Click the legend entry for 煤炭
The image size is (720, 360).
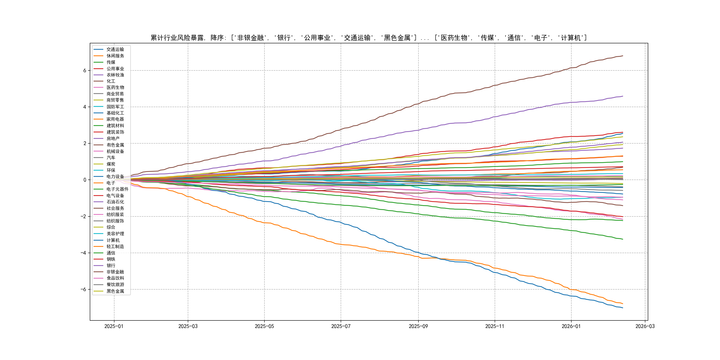point(111,164)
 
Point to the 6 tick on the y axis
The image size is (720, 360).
point(85,70)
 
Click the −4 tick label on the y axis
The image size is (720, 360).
point(83,253)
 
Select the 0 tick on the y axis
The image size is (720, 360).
point(85,180)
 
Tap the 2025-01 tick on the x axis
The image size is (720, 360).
point(114,326)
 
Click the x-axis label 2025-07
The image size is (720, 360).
point(341,326)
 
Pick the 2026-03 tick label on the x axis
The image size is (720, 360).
point(645,326)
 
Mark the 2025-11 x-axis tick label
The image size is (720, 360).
point(495,326)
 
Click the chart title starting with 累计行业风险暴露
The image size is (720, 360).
point(369,38)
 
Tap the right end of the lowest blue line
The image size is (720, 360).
point(623,308)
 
